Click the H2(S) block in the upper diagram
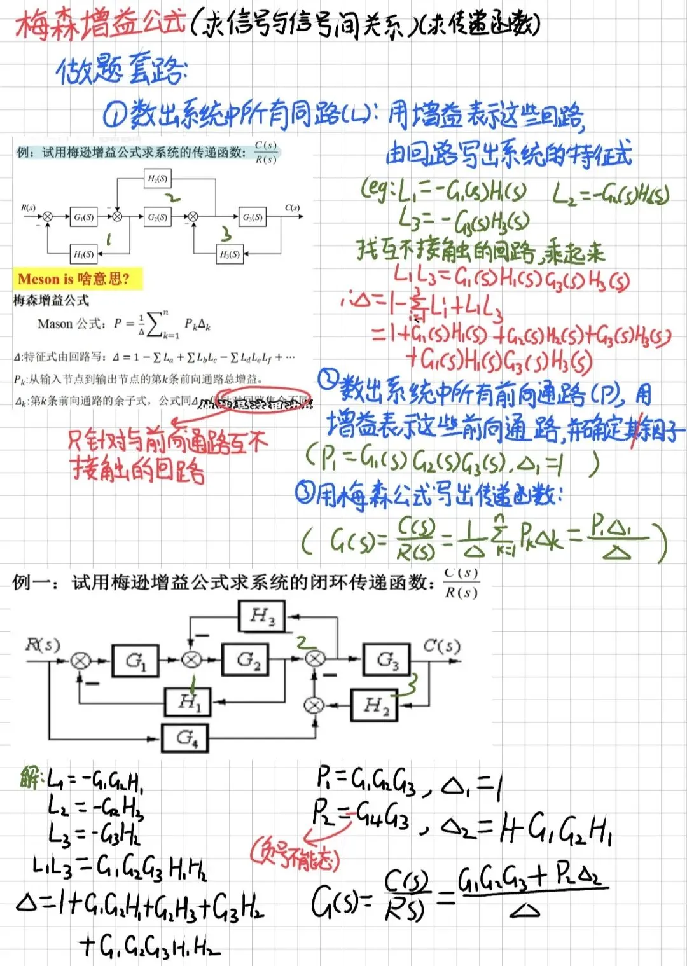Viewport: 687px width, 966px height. coord(157,179)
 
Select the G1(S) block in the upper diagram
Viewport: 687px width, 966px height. coord(83,217)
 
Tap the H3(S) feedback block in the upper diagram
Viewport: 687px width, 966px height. coord(230,254)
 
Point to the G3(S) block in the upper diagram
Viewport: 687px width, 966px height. coord(253,217)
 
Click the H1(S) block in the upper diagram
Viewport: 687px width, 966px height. coord(83,254)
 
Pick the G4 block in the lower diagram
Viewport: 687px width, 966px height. coord(185,738)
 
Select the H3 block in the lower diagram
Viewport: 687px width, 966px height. coord(261,616)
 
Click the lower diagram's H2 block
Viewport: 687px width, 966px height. coord(374,705)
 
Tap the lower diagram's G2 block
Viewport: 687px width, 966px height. coord(245,659)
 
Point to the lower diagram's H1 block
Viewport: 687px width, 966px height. coord(188,702)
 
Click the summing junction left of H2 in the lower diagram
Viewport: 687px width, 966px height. coord(314,705)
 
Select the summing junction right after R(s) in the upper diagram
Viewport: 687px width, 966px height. coord(47,217)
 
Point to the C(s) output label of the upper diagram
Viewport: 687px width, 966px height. coord(292,208)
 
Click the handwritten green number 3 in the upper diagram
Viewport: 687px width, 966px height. coord(226,233)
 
